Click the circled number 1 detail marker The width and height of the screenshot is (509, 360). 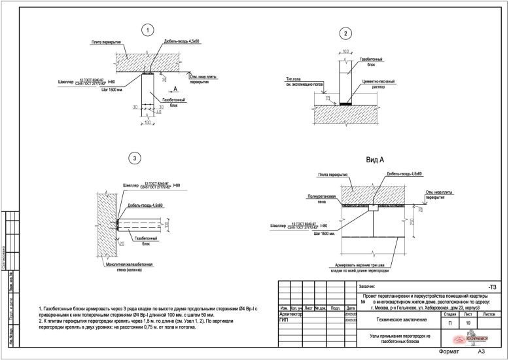[149, 29]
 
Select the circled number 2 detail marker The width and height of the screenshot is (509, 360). [346, 34]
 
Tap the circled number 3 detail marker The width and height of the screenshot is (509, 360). [134, 158]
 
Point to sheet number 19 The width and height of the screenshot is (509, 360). [467, 323]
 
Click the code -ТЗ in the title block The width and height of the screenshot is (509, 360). [492, 287]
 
